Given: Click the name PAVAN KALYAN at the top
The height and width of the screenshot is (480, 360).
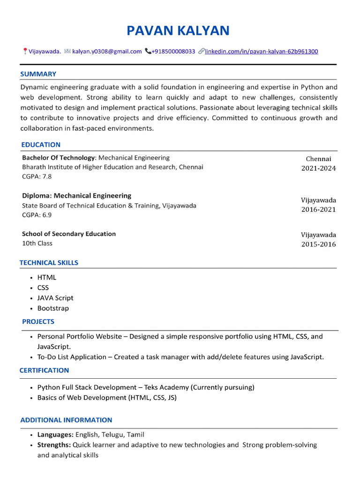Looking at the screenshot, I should click(x=178, y=31).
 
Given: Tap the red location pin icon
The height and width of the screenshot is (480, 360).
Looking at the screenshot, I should click(x=25, y=52).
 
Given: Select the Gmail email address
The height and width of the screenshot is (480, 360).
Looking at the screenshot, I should click(x=107, y=52).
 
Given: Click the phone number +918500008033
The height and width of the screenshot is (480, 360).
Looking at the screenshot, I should click(x=173, y=52).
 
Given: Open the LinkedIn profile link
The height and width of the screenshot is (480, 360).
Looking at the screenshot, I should click(x=261, y=52).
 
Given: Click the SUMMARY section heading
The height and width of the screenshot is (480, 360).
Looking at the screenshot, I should click(x=38, y=74).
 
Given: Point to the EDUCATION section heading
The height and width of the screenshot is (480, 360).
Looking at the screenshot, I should click(x=41, y=145).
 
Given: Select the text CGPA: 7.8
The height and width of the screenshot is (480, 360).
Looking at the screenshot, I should click(x=37, y=177).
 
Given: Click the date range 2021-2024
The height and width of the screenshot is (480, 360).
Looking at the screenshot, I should click(x=318, y=168).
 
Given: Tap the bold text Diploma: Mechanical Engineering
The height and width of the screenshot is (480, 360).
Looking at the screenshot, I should click(x=76, y=196).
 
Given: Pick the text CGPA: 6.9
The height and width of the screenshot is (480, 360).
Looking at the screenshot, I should click(x=37, y=215).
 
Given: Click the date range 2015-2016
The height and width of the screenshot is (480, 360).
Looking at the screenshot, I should click(x=318, y=244).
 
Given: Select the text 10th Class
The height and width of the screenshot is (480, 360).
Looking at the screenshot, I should click(x=37, y=243).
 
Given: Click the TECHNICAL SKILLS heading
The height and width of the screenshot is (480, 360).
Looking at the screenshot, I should click(x=49, y=263).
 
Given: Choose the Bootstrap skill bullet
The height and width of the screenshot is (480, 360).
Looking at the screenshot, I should click(x=53, y=308).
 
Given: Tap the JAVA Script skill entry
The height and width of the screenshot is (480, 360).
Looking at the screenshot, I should click(x=55, y=298).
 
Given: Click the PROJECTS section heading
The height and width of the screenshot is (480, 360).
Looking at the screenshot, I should click(x=38, y=322).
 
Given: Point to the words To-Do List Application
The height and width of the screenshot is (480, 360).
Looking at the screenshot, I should click(x=71, y=357).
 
